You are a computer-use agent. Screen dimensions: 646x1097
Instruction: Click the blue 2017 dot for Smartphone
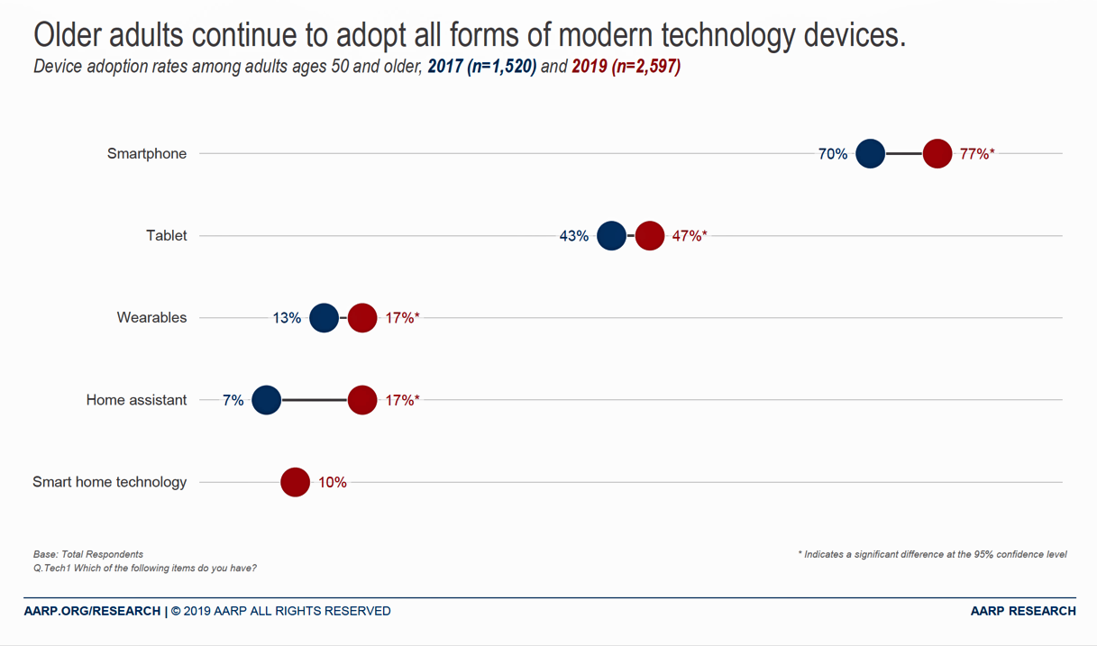pyautogui.click(x=870, y=154)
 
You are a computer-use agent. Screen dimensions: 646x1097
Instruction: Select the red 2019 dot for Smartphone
pyautogui.click(x=937, y=154)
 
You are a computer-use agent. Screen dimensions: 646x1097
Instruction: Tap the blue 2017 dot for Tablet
pyautogui.click(x=611, y=236)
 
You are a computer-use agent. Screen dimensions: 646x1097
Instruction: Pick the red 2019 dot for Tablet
pyautogui.click(x=649, y=236)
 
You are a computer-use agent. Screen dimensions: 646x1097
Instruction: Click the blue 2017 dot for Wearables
pyautogui.click(x=324, y=318)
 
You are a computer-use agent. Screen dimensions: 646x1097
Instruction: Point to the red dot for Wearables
pyautogui.click(x=361, y=318)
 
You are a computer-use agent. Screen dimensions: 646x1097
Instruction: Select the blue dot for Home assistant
pyautogui.click(x=266, y=400)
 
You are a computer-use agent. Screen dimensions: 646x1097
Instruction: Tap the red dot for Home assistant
pyautogui.click(x=361, y=400)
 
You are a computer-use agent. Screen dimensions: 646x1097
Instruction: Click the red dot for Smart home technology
pyautogui.click(x=295, y=482)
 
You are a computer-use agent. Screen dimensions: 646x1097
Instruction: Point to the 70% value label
pyautogui.click(x=833, y=154)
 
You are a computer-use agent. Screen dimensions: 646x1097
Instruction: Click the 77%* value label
pyautogui.click(x=977, y=154)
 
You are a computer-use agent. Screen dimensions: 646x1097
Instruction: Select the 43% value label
pyautogui.click(x=574, y=236)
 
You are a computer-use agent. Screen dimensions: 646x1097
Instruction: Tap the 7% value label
pyautogui.click(x=233, y=400)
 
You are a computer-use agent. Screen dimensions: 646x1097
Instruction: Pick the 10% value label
pyautogui.click(x=333, y=482)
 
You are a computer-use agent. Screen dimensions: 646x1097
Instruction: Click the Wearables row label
pyautogui.click(x=151, y=318)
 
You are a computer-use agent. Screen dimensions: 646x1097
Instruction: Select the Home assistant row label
pyautogui.click(x=136, y=400)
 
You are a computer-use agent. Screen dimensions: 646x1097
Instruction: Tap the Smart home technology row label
pyautogui.click(x=110, y=482)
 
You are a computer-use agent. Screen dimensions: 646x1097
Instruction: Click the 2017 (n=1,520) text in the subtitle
pyautogui.click(x=482, y=67)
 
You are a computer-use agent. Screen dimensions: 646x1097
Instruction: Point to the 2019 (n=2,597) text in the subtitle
pyautogui.click(x=626, y=67)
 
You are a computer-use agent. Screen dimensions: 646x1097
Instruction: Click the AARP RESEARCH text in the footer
pyautogui.click(x=1023, y=611)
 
